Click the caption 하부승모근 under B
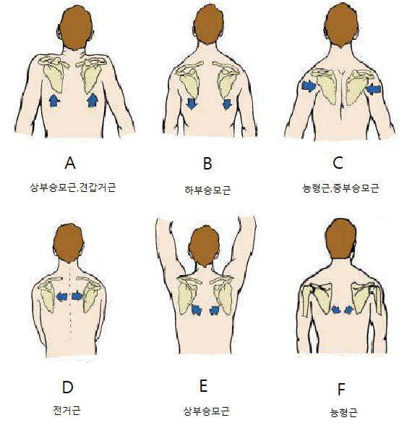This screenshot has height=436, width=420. pyautogui.click(x=206, y=190)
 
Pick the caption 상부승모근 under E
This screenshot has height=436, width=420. pyautogui.click(x=206, y=411)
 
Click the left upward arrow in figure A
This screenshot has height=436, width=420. pyautogui.click(x=53, y=100)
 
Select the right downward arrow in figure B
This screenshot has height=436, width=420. pyautogui.click(x=227, y=104)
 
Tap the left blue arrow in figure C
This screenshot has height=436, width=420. pyautogui.click(x=309, y=87)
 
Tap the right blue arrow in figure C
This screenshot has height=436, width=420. pyautogui.click(x=374, y=90)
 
